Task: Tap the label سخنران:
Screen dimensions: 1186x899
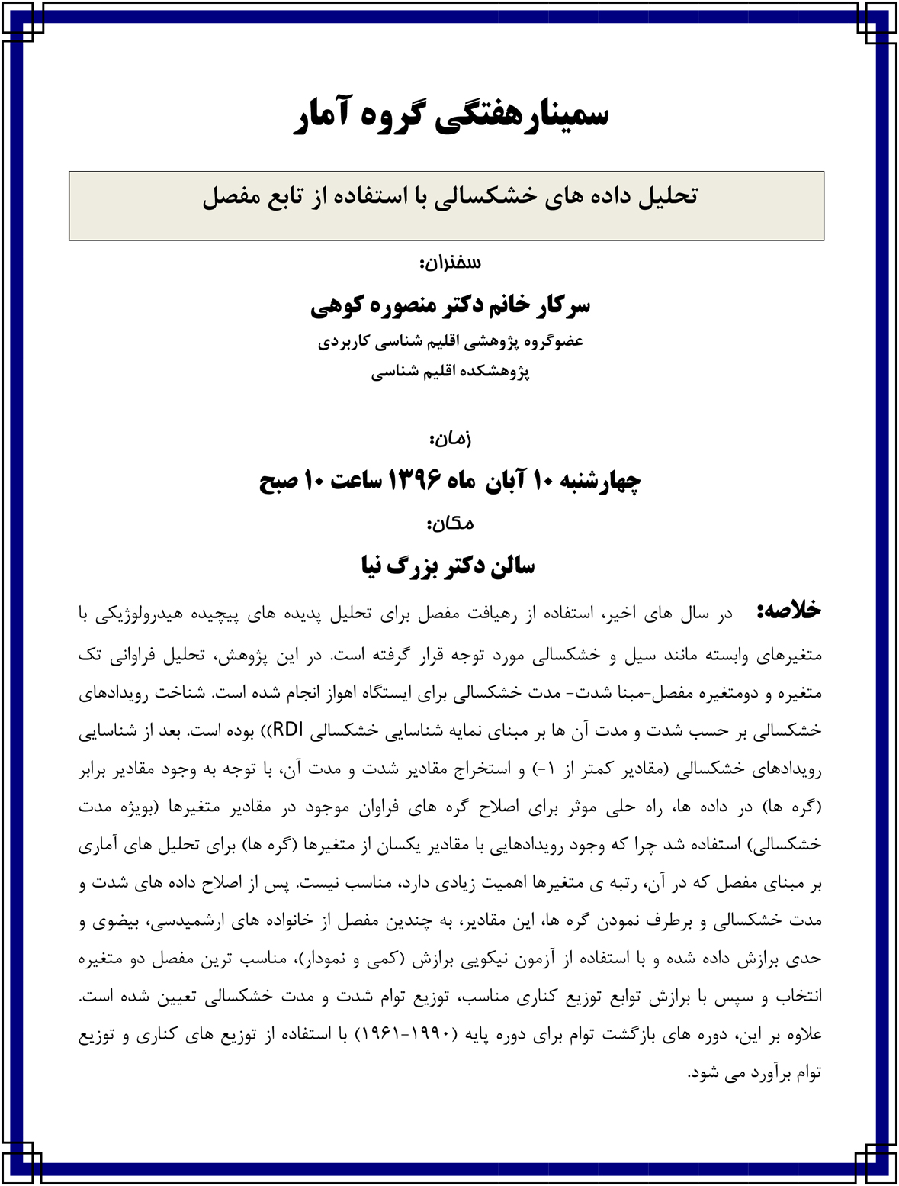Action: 450,263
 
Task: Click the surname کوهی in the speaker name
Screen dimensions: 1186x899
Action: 336,305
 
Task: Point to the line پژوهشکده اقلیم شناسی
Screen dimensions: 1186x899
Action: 450,372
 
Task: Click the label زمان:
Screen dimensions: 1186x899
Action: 450,439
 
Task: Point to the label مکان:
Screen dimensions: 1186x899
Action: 450,524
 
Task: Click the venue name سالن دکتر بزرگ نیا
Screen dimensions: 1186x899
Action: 448,566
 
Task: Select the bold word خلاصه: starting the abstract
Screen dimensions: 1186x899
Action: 788,611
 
